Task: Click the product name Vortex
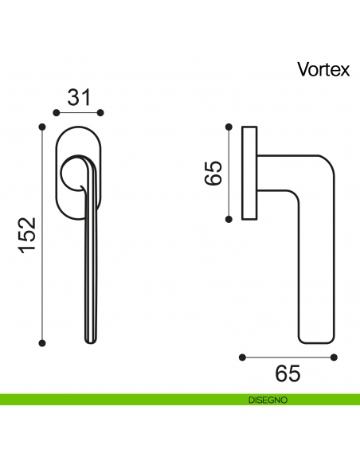tap(323, 69)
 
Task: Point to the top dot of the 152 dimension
tap(42, 125)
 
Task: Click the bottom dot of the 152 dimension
tap(42, 343)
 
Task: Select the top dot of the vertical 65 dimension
tap(230, 125)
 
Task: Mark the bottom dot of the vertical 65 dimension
tap(230, 218)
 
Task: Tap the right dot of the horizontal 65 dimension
tap(335, 356)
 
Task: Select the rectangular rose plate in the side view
tap(249, 171)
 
